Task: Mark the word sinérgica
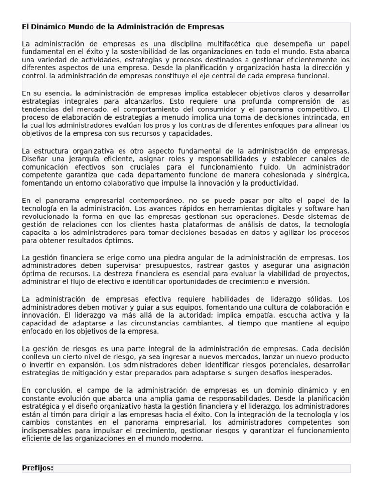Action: (331, 175)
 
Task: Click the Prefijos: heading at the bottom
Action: (38, 468)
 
